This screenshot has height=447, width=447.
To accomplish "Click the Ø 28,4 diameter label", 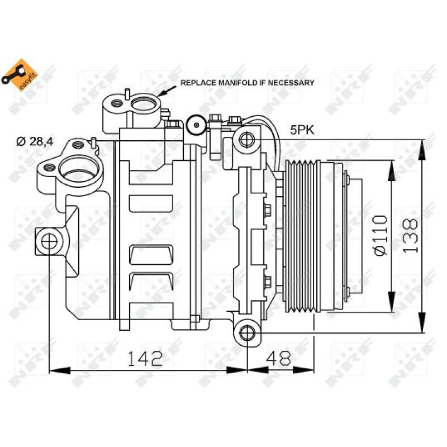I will click(x=34, y=141).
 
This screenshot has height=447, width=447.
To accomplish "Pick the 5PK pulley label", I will click(x=302, y=130).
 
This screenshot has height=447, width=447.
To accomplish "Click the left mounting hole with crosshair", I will click(x=49, y=241).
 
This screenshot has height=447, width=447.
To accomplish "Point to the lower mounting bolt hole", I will click(x=246, y=333).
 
